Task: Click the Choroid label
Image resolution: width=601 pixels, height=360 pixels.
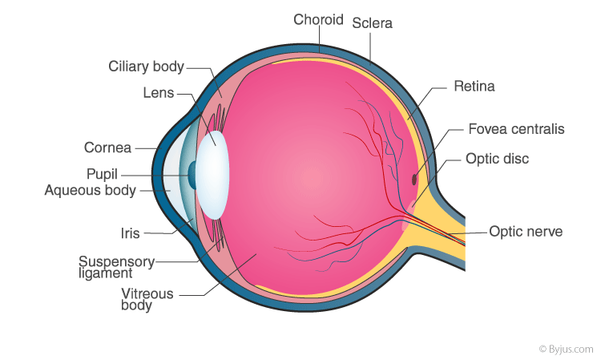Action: [318, 19]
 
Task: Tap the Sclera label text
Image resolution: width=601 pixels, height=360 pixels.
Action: [372, 23]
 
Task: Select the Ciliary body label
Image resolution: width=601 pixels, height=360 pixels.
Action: [146, 67]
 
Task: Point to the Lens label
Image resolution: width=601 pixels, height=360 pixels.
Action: [159, 93]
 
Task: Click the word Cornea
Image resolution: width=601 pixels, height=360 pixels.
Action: [107, 148]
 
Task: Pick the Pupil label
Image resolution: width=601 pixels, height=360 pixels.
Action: [102, 175]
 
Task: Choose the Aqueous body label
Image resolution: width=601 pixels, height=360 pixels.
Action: [91, 191]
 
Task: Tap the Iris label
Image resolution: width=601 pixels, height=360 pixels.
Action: [131, 233]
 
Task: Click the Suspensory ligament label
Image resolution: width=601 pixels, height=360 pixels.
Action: [116, 267]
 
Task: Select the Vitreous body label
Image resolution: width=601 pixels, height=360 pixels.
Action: [147, 299]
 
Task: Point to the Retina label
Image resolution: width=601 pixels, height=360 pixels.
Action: [474, 87]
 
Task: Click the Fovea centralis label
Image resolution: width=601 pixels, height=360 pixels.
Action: [516, 129]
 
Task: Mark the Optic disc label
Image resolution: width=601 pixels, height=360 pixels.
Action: [497, 159]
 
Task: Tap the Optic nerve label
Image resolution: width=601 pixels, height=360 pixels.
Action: [526, 232]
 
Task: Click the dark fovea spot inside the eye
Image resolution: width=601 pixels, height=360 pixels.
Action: [414, 180]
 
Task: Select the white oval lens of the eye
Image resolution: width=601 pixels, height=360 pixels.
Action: [212, 175]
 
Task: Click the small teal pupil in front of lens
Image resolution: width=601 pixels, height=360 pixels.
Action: [192, 176]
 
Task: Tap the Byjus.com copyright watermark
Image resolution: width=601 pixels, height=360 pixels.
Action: [566, 350]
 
